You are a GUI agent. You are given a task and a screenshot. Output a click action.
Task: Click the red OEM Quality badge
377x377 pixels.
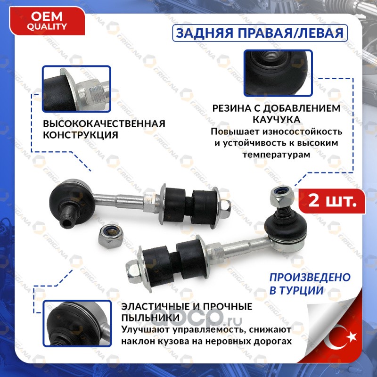coord(47,21)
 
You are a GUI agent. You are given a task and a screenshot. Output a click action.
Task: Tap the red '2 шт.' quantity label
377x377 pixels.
coord(332,201)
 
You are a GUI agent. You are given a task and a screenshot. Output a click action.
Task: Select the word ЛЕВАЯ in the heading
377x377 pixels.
coord(321,33)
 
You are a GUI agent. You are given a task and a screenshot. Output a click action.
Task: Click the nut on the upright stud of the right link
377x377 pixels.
coord(279,197)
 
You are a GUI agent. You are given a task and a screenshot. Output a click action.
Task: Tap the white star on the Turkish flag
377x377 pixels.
coord(352,336)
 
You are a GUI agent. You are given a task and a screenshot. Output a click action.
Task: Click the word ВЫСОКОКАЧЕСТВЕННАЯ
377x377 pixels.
coord(104,124)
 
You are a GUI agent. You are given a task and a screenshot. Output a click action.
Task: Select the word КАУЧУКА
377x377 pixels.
coord(277,120)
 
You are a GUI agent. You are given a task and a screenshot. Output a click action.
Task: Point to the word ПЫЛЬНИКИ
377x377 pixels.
coord(150,318)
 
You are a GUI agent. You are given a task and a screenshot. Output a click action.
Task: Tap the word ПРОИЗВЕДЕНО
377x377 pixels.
coord(310,278)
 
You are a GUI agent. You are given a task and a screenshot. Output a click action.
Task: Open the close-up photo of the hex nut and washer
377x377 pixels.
coord(76,89)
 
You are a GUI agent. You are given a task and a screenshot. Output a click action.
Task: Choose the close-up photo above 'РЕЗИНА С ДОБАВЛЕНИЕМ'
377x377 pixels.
coord(278,73)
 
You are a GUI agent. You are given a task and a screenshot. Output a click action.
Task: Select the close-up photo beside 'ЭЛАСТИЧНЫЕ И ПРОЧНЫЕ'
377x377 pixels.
coord(77,323)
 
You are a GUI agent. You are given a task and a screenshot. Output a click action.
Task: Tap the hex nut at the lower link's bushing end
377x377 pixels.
coord(134,272)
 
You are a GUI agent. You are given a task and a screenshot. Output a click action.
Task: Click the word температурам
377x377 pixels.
coord(277,155)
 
